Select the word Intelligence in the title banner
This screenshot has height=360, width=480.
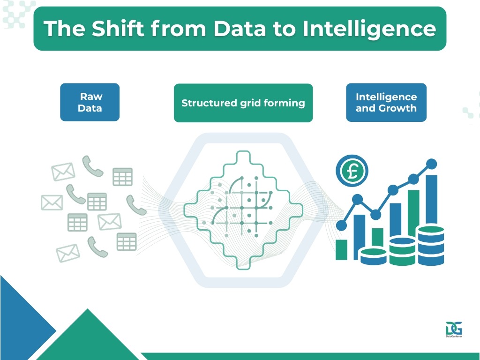coord(369,29)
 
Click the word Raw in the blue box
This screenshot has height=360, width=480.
coord(91,97)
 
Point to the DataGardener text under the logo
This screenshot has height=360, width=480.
coord(454,337)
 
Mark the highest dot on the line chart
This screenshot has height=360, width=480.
coord(432,164)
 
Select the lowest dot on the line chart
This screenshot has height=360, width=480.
coord(342,225)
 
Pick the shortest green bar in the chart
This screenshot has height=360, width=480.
coord(341,249)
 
